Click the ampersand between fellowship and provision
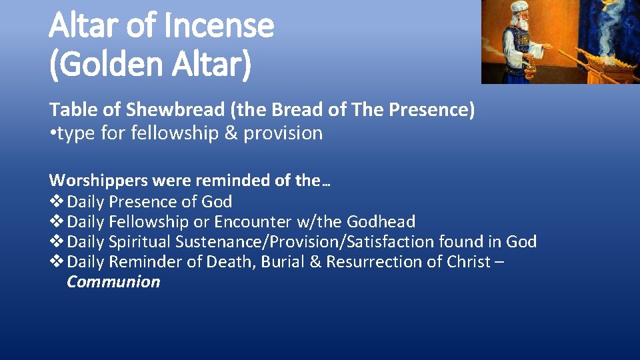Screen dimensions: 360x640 231,133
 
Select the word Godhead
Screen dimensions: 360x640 381,221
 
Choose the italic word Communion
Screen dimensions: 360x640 113,281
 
